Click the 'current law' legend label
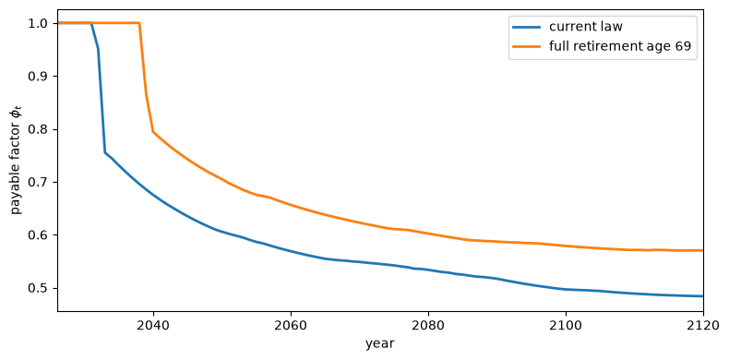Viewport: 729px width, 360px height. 586,27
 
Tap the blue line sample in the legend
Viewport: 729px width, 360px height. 527,28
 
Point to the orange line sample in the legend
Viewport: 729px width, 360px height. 527,46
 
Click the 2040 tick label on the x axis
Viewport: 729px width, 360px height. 153,325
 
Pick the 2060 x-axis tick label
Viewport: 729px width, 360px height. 291,325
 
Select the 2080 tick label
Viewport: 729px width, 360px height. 428,325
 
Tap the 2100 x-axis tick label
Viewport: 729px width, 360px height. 566,325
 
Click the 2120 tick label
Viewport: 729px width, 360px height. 703,325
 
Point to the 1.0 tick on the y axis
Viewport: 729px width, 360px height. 42,23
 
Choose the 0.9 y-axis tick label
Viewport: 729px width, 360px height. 42,77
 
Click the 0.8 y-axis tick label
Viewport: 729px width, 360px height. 42,129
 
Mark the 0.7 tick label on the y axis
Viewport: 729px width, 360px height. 42,183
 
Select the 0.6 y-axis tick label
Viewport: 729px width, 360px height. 42,235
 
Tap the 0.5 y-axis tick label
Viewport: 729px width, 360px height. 42,288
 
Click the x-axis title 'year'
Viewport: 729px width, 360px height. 380,344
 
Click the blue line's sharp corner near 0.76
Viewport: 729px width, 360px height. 105,152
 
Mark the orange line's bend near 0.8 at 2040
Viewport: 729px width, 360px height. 153,132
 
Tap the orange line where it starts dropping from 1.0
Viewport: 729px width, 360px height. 139,23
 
